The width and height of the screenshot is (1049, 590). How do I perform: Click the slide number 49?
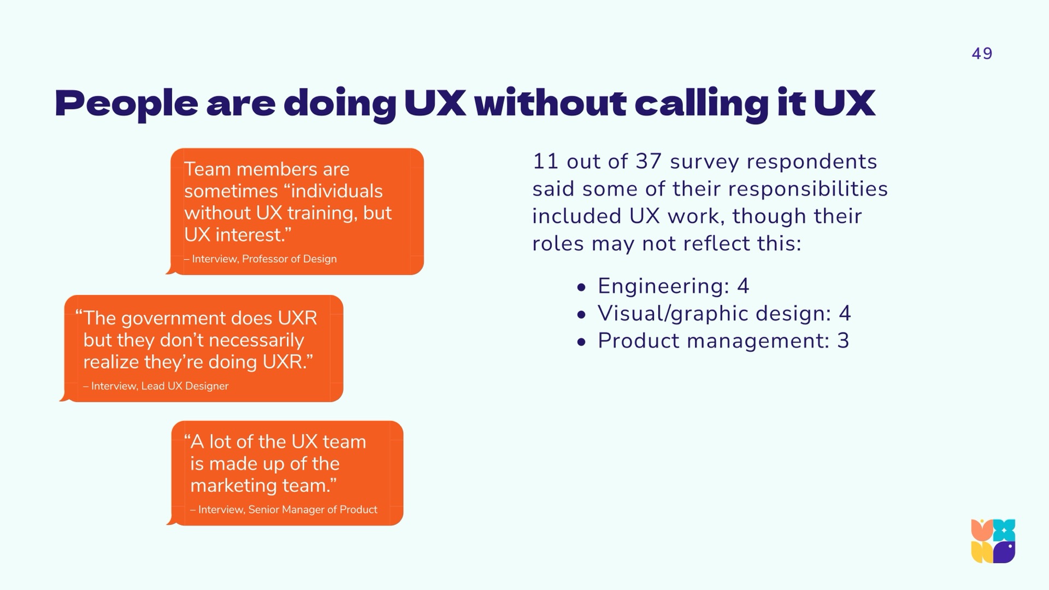[982, 54]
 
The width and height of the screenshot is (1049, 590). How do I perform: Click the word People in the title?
[126, 103]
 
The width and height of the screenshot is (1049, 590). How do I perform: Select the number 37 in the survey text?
[648, 162]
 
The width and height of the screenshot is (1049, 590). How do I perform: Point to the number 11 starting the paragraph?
[545, 162]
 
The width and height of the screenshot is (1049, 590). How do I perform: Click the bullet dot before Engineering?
[581, 287]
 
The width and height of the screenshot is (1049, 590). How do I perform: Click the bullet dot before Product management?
[581, 342]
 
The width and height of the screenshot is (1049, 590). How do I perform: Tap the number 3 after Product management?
[843, 341]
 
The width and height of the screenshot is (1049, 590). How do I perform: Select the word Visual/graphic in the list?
[672, 314]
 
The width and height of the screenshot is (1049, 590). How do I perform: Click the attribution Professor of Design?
[289, 259]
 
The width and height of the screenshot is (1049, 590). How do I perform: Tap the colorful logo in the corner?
[993, 541]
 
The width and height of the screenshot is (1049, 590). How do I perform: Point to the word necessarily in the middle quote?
[256, 340]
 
